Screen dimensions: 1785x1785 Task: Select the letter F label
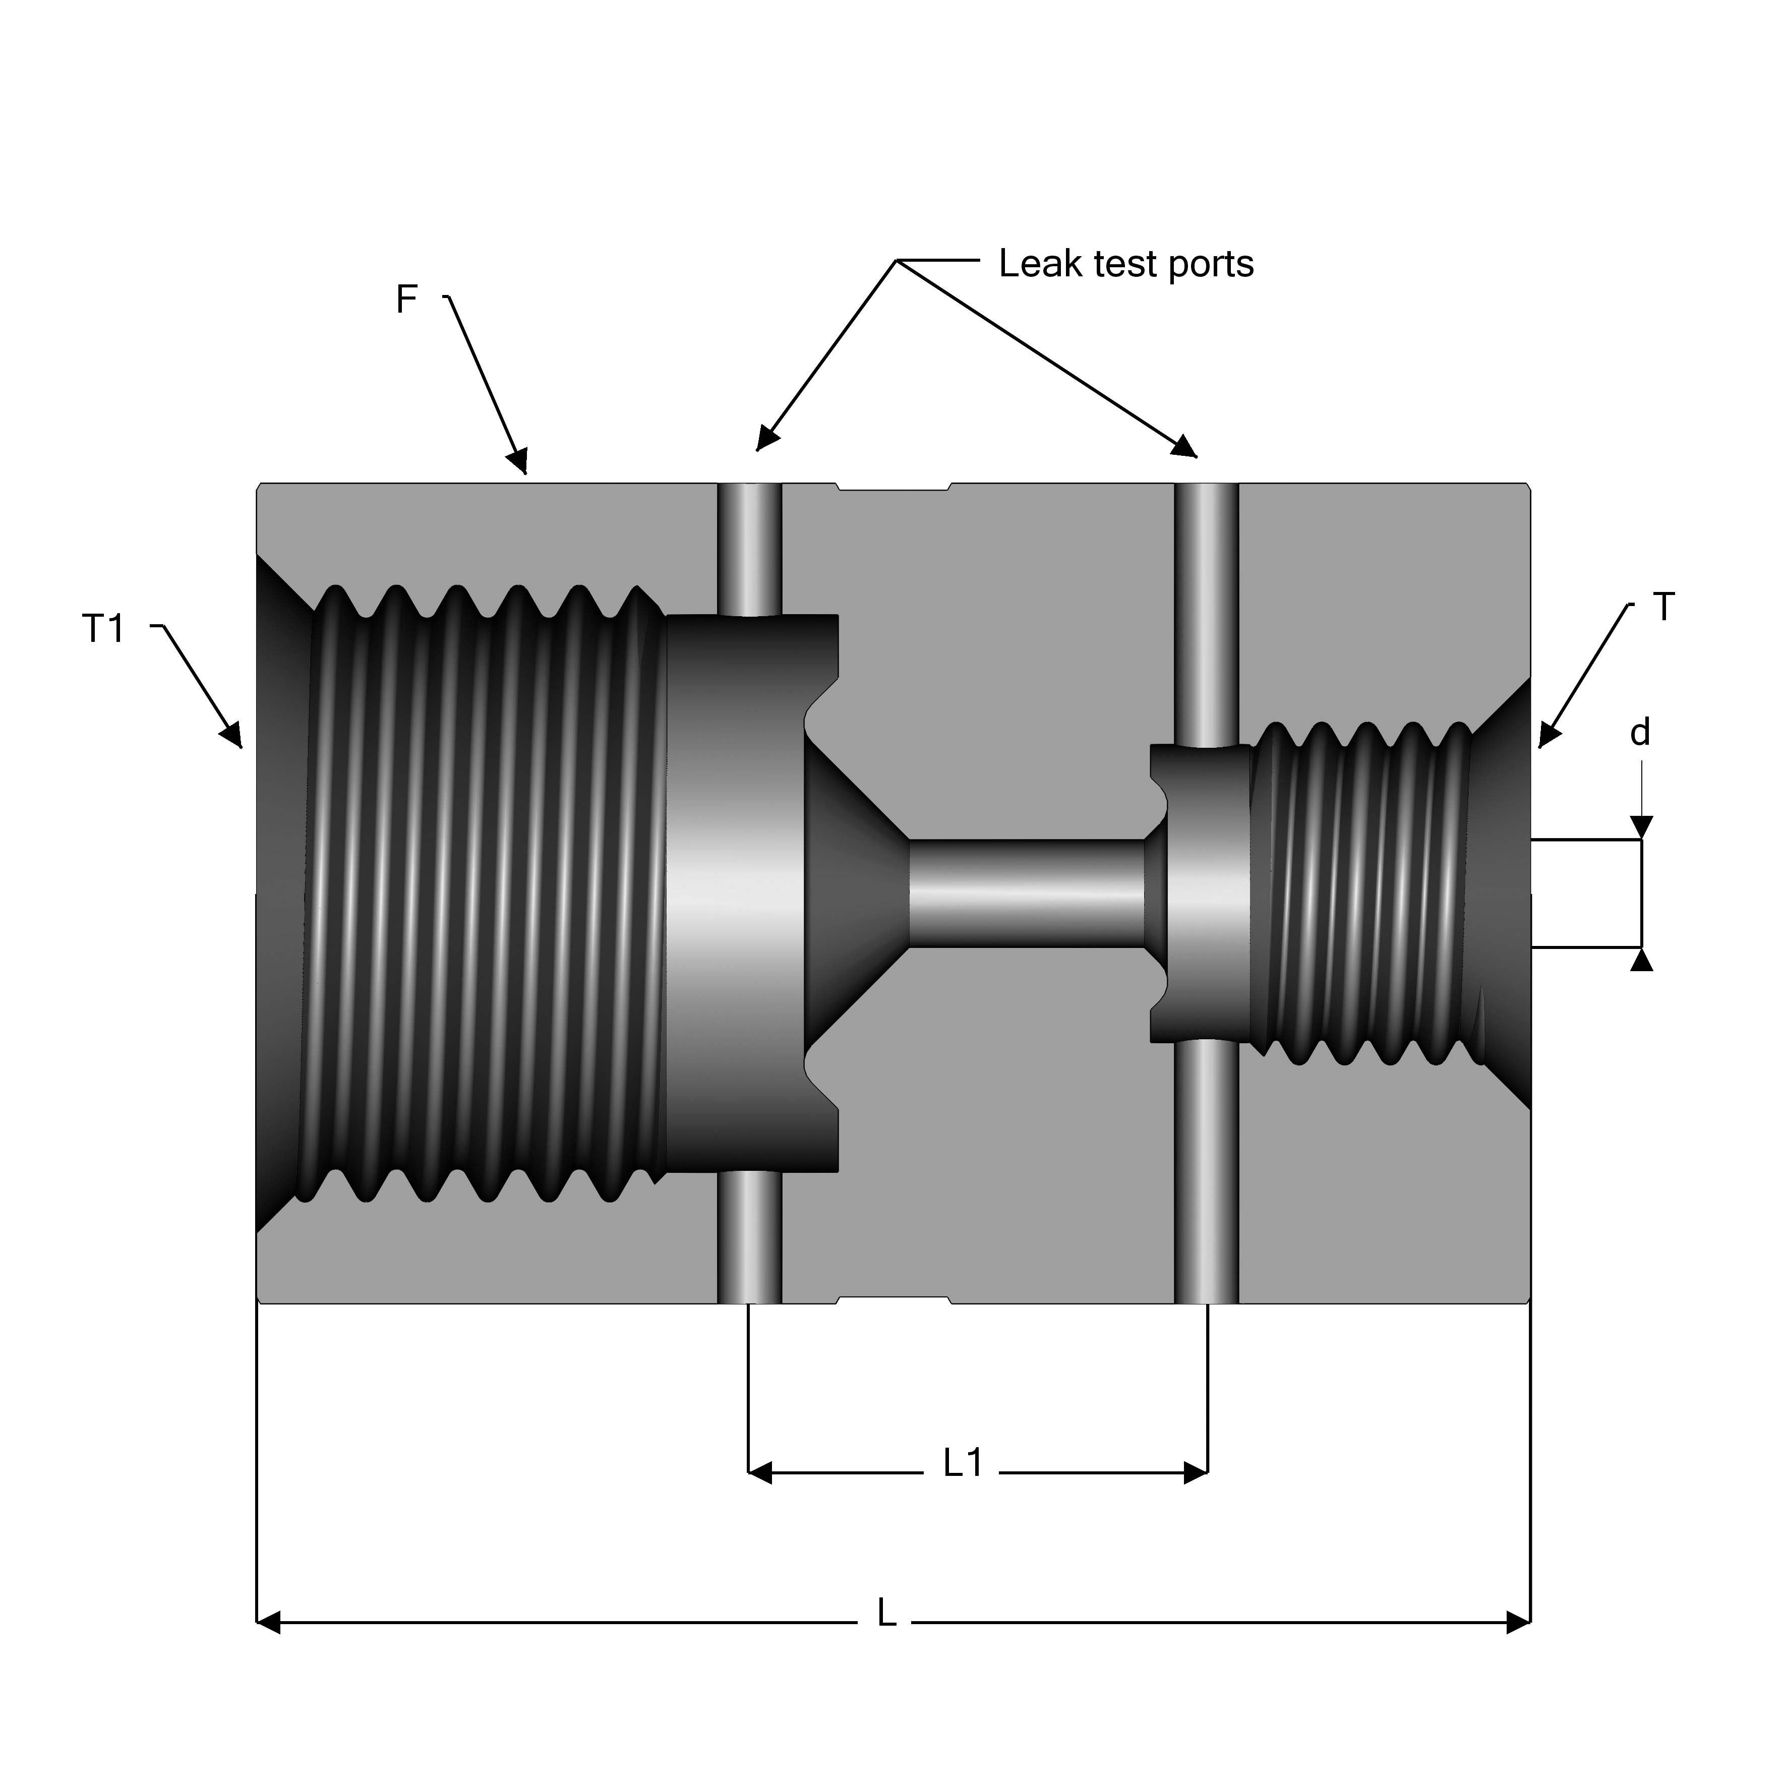coord(406,300)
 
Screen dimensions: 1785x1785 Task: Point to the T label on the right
coord(1663,607)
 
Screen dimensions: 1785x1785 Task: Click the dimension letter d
coord(1640,733)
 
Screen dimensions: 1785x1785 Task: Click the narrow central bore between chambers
coord(1026,894)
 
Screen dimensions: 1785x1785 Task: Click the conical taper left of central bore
coord(855,894)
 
